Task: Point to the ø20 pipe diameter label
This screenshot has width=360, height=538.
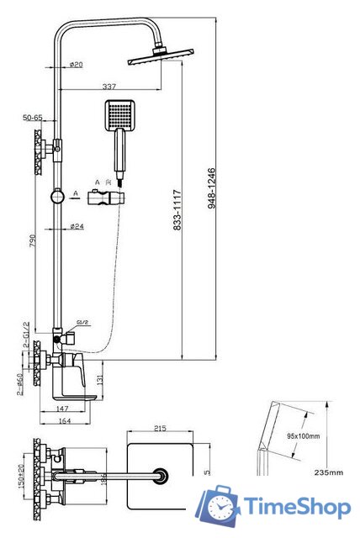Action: [x=75, y=64]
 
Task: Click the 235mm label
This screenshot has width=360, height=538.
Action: [x=328, y=473]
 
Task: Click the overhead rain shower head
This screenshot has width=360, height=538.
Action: [x=160, y=59]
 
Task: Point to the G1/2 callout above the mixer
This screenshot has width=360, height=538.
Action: [x=83, y=322]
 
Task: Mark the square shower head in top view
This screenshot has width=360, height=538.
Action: [x=161, y=477]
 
